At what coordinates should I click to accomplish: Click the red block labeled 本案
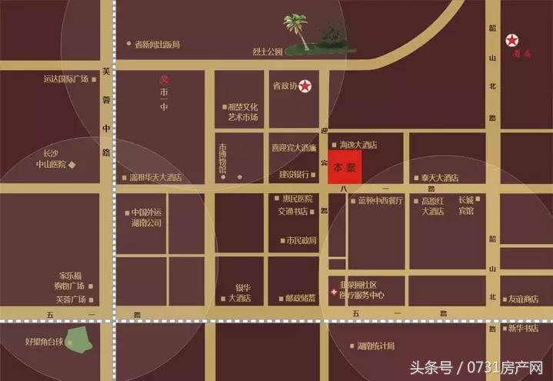point(345,167)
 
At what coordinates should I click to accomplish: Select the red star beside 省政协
point(307,86)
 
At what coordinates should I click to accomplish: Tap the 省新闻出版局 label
point(157,45)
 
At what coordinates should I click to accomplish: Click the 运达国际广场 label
point(66,79)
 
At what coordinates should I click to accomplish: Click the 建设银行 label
point(294,175)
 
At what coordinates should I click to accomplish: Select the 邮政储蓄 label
point(288,298)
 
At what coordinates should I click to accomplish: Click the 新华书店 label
point(525,329)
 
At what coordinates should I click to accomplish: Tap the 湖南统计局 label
point(376,346)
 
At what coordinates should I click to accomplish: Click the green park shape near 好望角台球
point(77,339)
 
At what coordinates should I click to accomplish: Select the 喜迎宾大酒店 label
point(294,146)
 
